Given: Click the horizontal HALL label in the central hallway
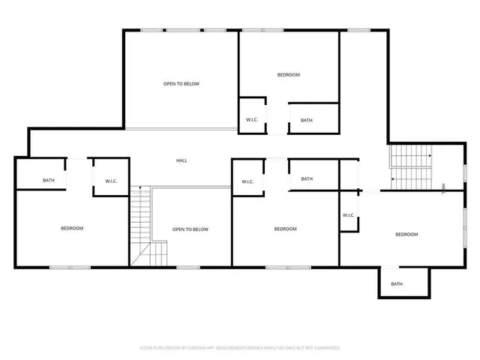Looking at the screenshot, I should point(181,160).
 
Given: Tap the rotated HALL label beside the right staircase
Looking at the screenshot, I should point(443,187).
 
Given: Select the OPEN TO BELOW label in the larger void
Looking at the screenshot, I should point(181,84).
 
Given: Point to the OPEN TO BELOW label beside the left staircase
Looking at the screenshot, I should point(190,229).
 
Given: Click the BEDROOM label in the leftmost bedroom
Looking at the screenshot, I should point(72,228).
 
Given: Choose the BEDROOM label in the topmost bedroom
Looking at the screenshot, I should point(289,74).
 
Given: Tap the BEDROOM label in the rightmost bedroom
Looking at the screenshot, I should point(406,235).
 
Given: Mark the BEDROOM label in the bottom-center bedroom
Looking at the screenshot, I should point(285,229).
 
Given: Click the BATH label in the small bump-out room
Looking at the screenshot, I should point(397,284).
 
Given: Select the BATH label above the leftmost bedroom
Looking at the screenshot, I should point(48,180).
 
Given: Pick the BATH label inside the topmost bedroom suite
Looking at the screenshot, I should point(307,120).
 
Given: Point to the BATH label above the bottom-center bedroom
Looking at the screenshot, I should point(307,178).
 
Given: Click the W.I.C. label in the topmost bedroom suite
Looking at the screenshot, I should point(252,120).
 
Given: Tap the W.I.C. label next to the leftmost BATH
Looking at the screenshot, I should point(111,181).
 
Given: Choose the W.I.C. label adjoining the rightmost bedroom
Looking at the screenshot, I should point(349,215).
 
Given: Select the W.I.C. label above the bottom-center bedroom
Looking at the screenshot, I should point(247,181).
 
